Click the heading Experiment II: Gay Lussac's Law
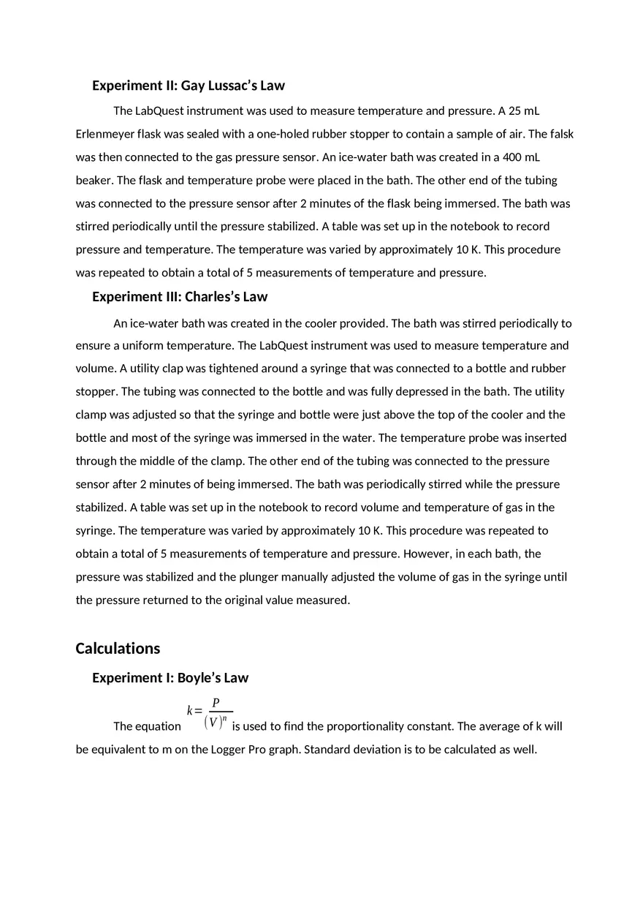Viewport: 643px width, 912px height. (189, 86)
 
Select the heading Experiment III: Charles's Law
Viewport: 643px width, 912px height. (180, 297)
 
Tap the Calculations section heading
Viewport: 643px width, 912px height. (118, 649)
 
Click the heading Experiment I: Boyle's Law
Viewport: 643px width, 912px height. (170, 678)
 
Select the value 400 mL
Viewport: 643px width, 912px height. (521, 157)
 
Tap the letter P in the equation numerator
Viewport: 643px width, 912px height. (216, 703)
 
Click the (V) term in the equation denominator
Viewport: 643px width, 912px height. (213, 723)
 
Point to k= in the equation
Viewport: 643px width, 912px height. (194, 711)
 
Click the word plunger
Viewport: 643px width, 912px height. (237, 577)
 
